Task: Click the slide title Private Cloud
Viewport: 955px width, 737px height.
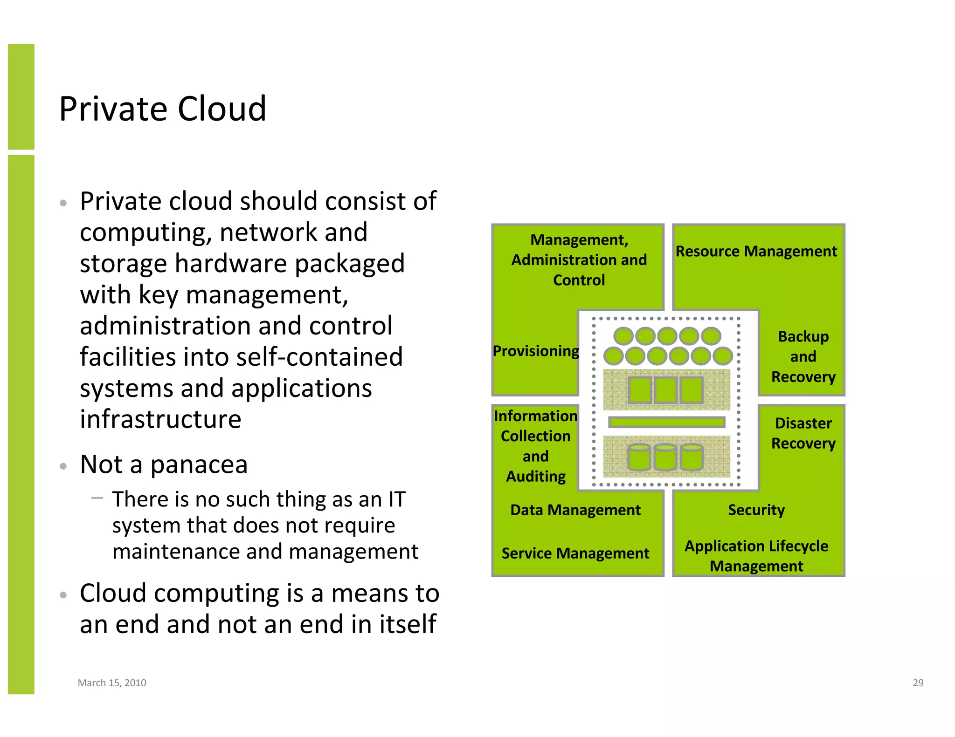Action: pyautogui.click(x=163, y=109)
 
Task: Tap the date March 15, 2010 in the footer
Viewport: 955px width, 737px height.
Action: pyautogui.click(x=112, y=682)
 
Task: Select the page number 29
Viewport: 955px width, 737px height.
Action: pyautogui.click(x=918, y=682)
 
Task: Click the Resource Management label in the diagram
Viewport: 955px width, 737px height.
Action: pyautogui.click(x=756, y=252)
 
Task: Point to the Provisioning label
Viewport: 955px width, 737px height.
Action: pyautogui.click(x=536, y=351)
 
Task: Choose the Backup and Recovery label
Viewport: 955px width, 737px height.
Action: pyautogui.click(x=803, y=356)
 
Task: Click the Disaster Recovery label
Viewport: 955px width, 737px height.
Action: pyautogui.click(x=803, y=433)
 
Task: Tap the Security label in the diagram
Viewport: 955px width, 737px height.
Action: pyautogui.click(x=756, y=510)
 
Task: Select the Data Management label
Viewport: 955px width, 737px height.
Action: pyautogui.click(x=575, y=510)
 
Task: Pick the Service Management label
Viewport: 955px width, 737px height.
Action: pyautogui.click(x=575, y=553)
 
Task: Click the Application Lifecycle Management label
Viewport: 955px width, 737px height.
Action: pyautogui.click(x=756, y=556)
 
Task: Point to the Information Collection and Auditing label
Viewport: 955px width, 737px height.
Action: pyautogui.click(x=536, y=446)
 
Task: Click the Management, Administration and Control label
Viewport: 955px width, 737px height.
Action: pyautogui.click(x=579, y=260)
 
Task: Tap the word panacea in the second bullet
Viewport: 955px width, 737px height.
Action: pyautogui.click(x=199, y=465)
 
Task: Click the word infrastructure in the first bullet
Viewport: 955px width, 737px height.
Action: pyautogui.click(x=160, y=419)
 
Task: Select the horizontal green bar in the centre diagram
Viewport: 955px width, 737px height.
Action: pyautogui.click(x=666, y=422)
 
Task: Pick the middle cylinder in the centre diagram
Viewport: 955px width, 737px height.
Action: pyautogui.click(x=665, y=457)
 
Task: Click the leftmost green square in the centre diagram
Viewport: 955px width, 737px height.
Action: pyautogui.click(x=640, y=390)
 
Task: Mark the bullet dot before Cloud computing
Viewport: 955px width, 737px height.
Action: pyautogui.click(x=63, y=595)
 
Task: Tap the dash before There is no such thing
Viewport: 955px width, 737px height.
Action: pyautogui.click(x=97, y=498)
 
